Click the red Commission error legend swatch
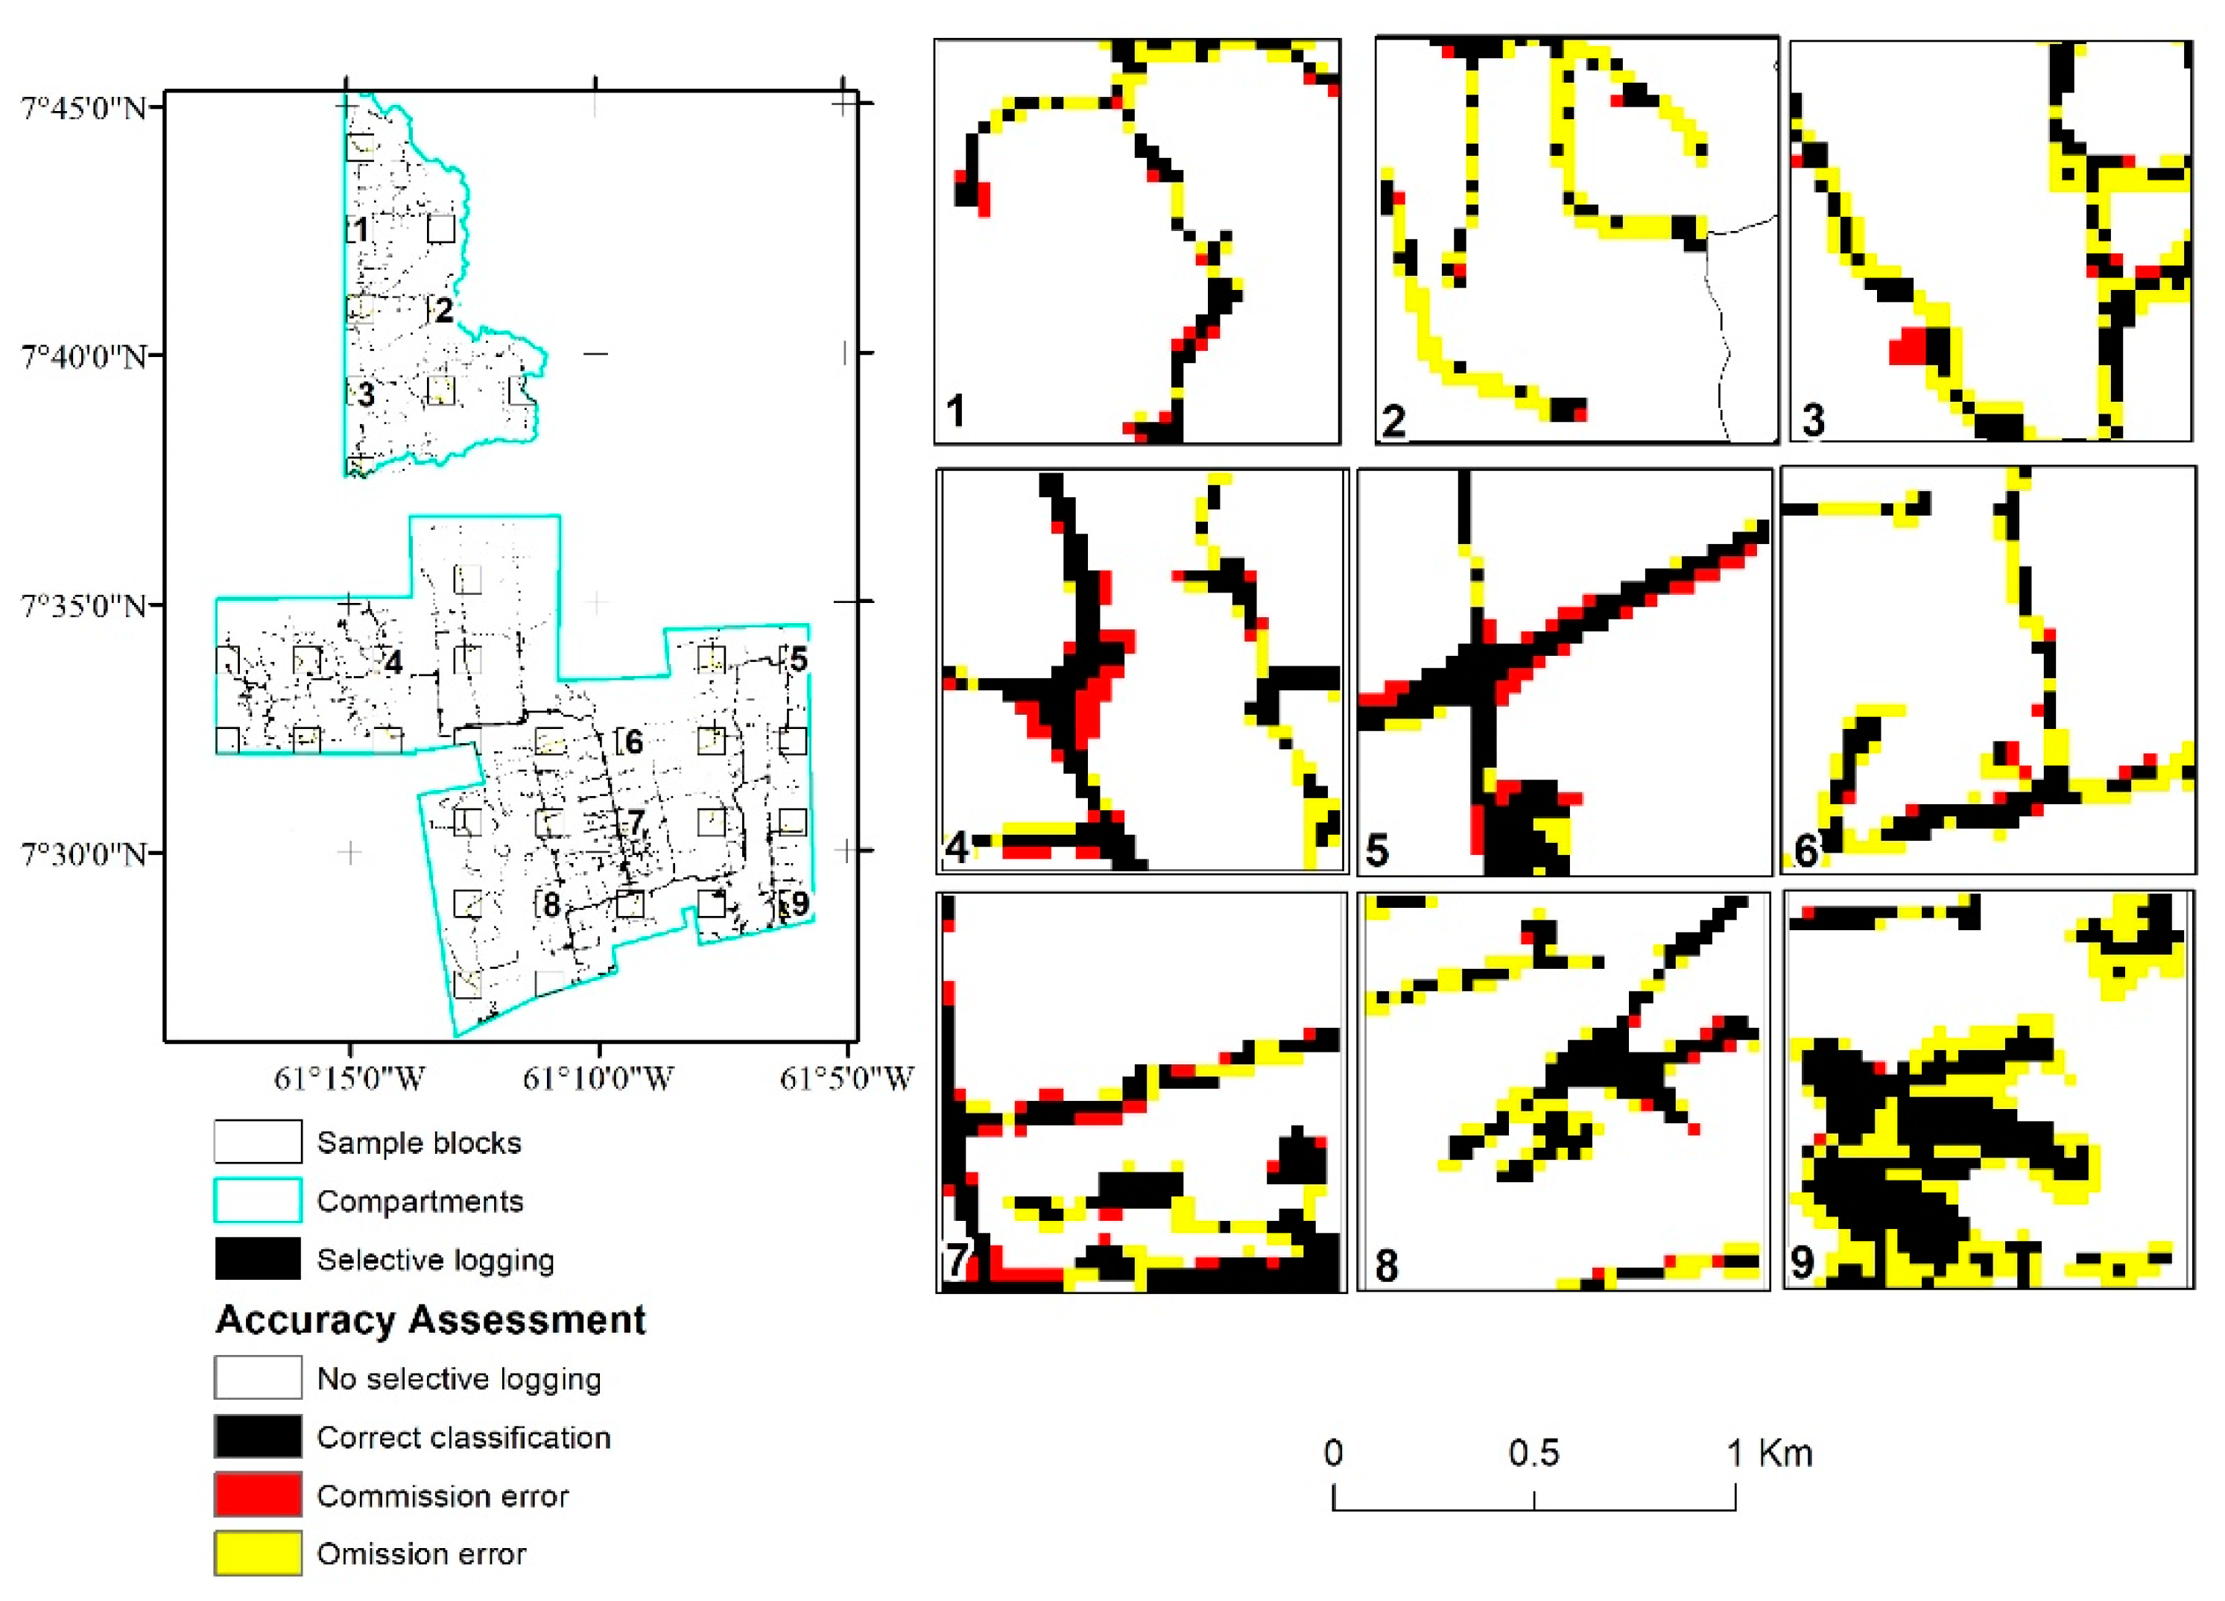coord(258,1495)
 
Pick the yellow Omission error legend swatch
coord(258,1554)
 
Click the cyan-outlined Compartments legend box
coord(258,1201)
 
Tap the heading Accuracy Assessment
coord(431,1319)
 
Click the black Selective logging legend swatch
coord(258,1260)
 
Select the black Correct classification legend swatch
coord(258,1436)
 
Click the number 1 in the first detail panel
coord(955,410)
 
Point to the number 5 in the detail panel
coord(1377,850)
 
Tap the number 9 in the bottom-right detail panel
coord(1803,1262)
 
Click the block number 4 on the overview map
coord(393,663)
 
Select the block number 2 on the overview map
coord(444,310)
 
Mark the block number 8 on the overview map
coord(551,905)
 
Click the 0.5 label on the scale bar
coord(1534,1453)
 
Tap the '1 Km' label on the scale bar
coord(1769,1453)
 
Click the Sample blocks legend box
coord(258,1142)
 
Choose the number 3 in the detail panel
coord(1813,420)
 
